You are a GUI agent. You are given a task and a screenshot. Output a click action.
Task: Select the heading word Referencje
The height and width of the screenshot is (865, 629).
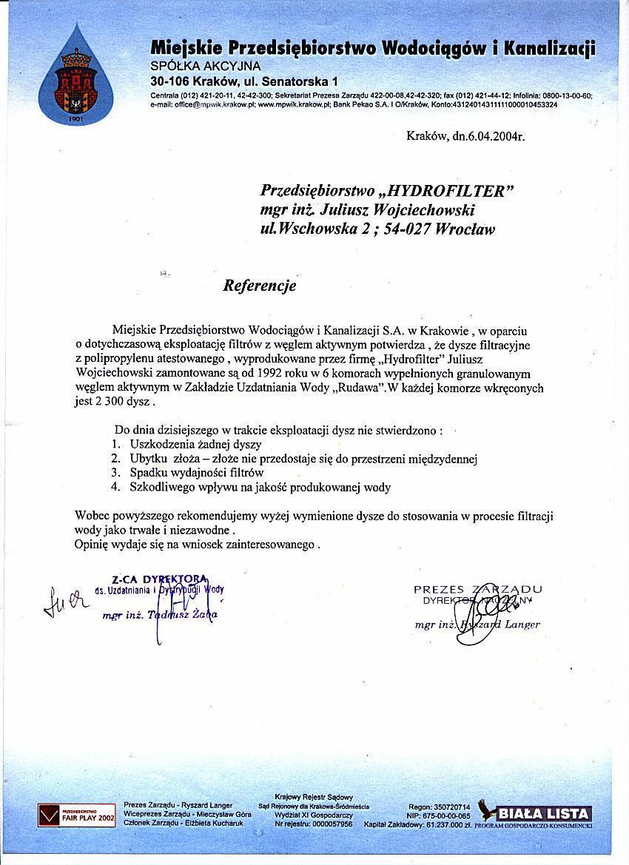tap(260, 286)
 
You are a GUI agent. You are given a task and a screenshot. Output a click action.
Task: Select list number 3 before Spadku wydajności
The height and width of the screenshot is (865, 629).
tap(115, 472)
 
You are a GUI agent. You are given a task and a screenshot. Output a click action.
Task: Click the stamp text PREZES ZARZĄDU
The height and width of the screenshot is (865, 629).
tap(477, 589)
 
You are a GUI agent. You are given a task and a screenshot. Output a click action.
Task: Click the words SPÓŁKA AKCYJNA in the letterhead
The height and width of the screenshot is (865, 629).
tap(190, 67)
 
